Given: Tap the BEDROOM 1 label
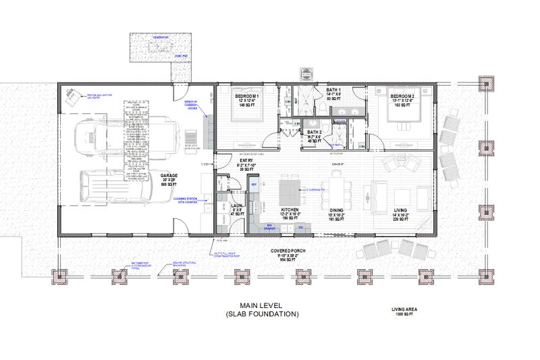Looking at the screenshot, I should click(x=247, y=97).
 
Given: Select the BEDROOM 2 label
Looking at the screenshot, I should click(x=401, y=97).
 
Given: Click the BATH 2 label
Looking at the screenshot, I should click(x=314, y=132).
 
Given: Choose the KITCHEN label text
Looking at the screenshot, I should click(x=290, y=210).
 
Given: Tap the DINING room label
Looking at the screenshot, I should click(x=336, y=210).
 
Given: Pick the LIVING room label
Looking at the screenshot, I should click(x=401, y=210).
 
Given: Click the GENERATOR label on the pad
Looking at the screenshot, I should click(x=159, y=37).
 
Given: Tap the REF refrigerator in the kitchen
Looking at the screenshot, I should click(x=254, y=184).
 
